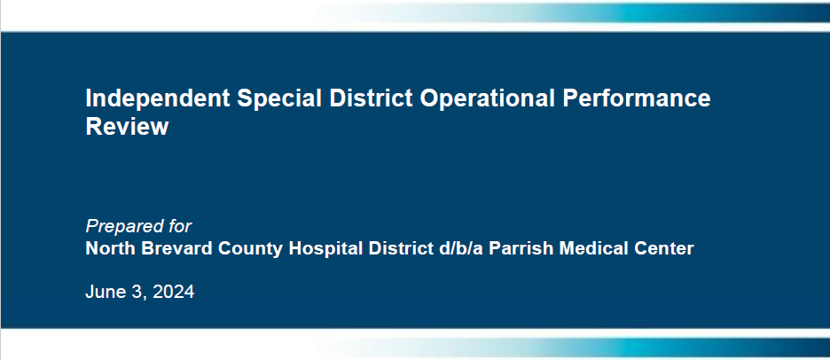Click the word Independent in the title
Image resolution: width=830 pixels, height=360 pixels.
(x=158, y=99)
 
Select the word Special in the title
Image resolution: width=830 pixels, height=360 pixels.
(x=279, y=99)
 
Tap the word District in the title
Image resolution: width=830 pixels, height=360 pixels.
(x=371, y=98)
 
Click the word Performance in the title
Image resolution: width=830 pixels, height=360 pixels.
(x=637, y=98)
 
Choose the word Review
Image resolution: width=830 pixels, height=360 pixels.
(x=127, y=127)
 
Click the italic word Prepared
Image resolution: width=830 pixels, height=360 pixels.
(x=119, y=227)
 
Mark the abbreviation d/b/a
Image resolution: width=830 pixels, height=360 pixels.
(x=461, y=248)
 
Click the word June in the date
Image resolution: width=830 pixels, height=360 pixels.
(x=105, y=292)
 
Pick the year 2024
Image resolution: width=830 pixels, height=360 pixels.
(x=174, y=292)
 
